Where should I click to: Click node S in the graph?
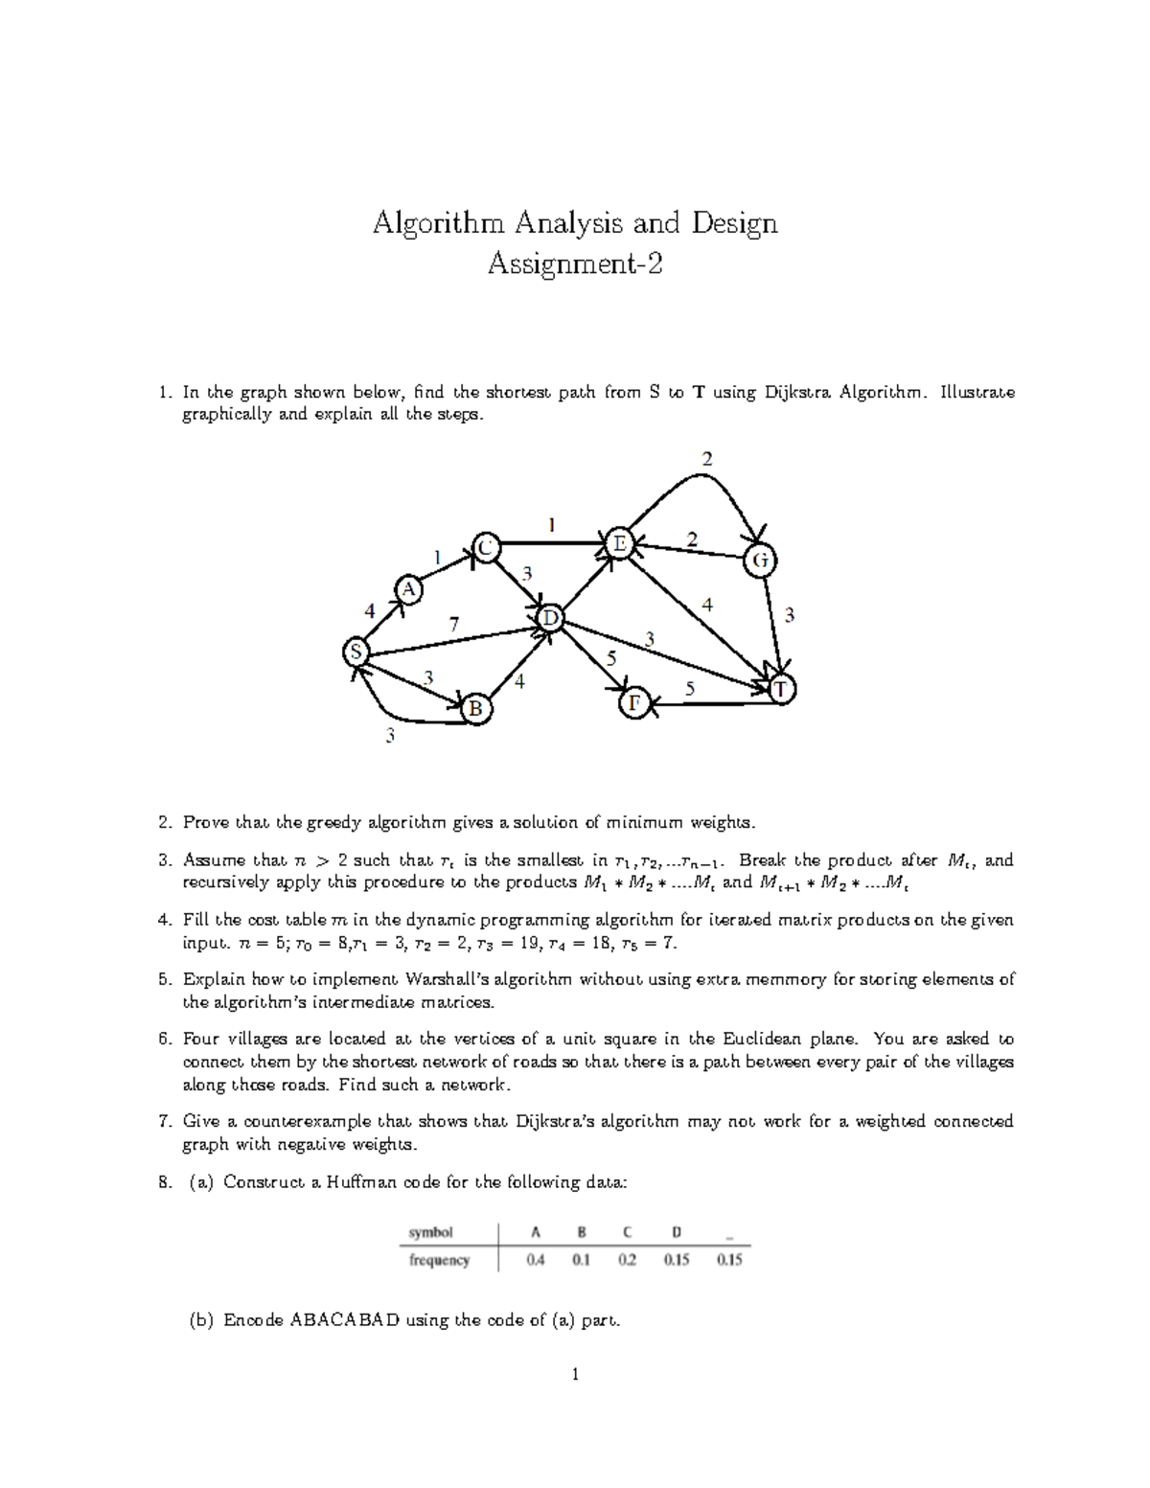[356, 652]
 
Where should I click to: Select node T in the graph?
[783, 690]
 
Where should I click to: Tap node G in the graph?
[760, 561]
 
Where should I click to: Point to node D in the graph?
[550, 619]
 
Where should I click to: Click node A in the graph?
[409, 590]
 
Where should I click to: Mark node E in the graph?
[618, 543]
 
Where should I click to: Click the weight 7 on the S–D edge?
[454, 624]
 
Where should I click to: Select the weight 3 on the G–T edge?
[789, 616]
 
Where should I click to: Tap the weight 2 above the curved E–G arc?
[706, 459]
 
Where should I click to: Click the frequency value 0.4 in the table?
[536, 1260]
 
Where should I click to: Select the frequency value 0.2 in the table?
[627, 1260]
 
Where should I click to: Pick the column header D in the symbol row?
[677, 1232]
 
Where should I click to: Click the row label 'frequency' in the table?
[439, 1260]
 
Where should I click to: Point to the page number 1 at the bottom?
[575, 1375]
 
